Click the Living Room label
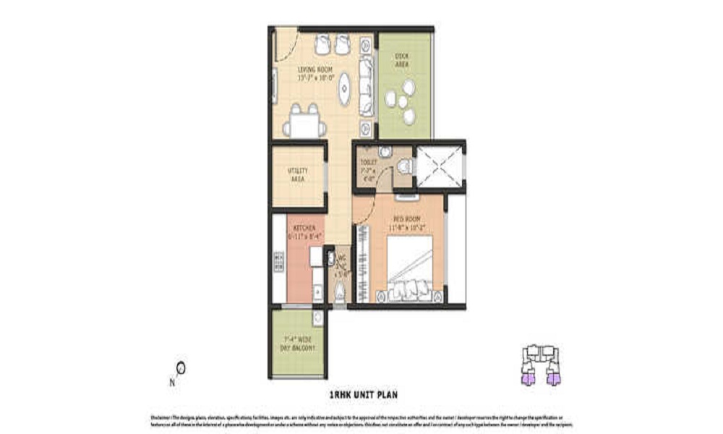tap(315, 72)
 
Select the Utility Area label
tap(297, 174)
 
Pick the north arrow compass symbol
tap(179, 369)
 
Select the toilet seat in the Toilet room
tap(403, 166)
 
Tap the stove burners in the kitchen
tap(278, 262)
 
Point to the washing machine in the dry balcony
tap(318, 318)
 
